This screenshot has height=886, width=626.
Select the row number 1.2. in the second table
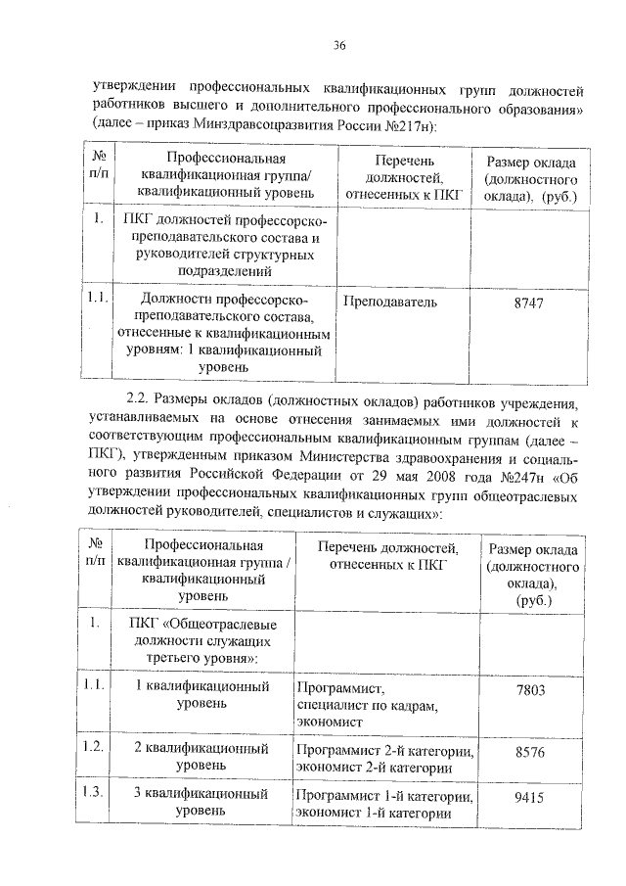pos(93,747)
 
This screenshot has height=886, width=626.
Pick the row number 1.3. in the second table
pos(93,793)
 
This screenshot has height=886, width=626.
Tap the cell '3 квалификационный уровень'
pos(202,802)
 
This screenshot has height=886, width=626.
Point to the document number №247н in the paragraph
pos(524,480)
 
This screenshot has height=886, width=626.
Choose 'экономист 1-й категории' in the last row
pos(372,813)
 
